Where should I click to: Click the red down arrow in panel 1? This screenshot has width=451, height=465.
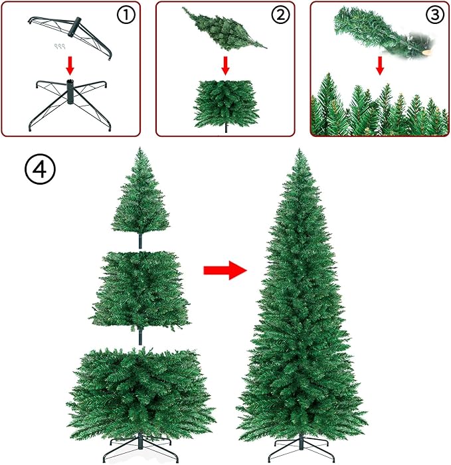70,65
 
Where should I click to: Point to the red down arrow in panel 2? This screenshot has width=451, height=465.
226,65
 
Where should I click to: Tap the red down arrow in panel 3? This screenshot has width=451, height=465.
380,65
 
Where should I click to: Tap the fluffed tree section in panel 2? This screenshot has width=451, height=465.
226,103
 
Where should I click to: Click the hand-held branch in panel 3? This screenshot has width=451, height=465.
372,30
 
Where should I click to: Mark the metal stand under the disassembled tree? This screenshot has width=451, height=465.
140,453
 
